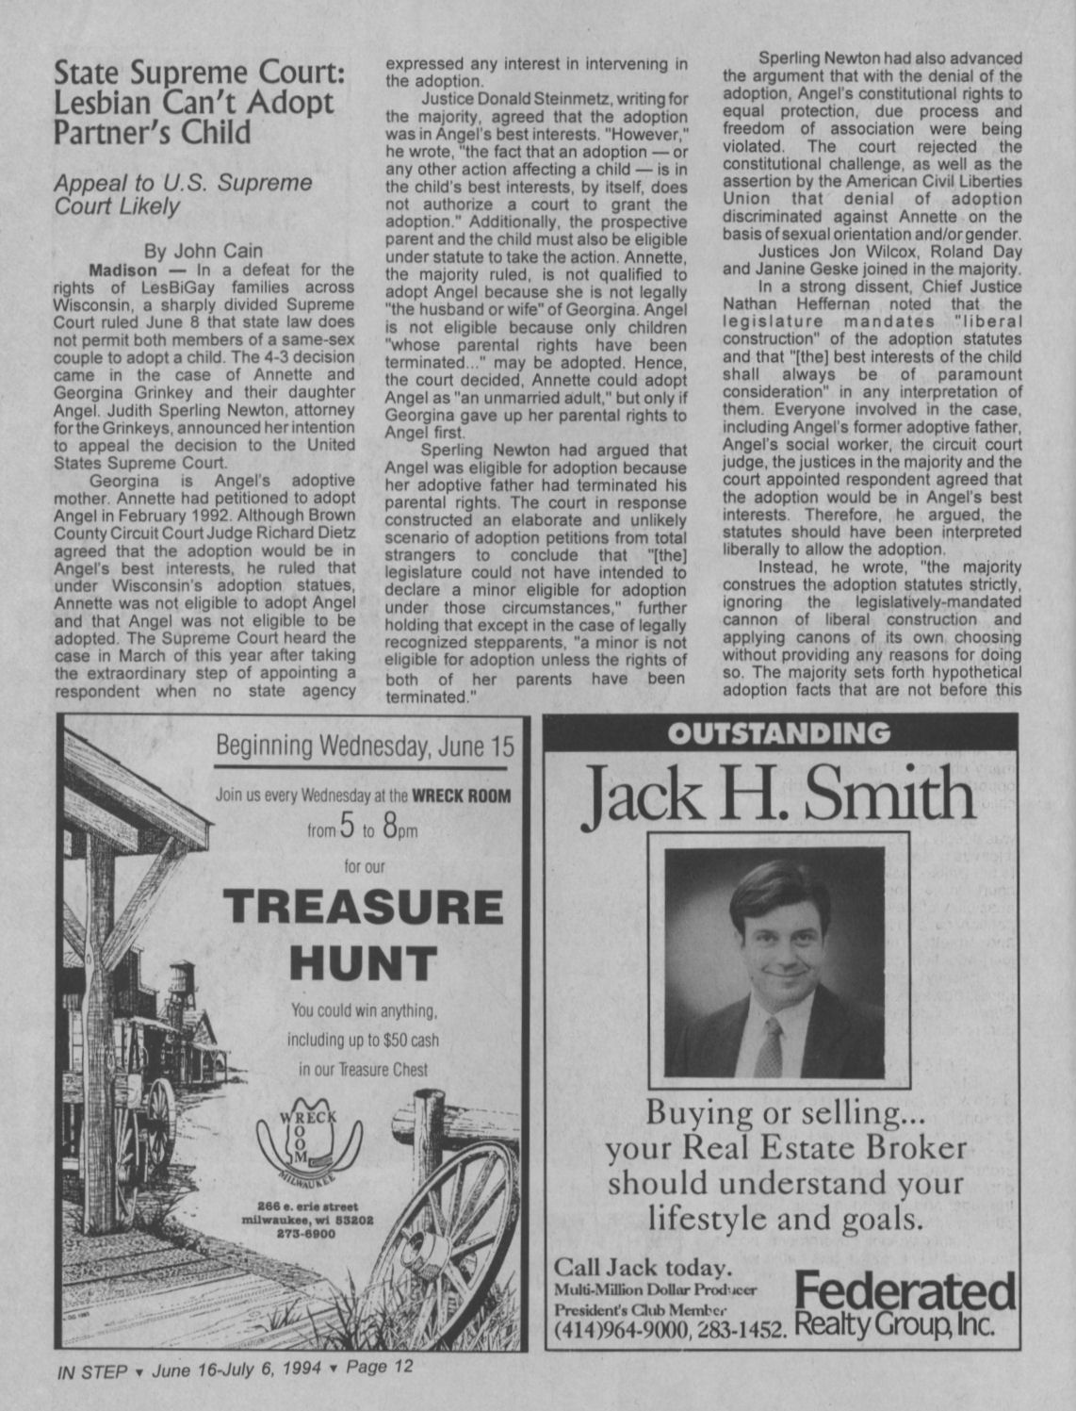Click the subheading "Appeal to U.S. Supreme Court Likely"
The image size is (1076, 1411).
tap(183, 194)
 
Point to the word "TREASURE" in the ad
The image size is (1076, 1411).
tap(363, 907)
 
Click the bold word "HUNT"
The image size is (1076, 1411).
tap(363, 962)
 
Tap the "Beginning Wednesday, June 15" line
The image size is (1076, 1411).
tap(366, 747)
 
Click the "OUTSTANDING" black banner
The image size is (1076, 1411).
tap(781, 733)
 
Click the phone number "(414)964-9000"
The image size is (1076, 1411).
tap(623, 1331)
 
